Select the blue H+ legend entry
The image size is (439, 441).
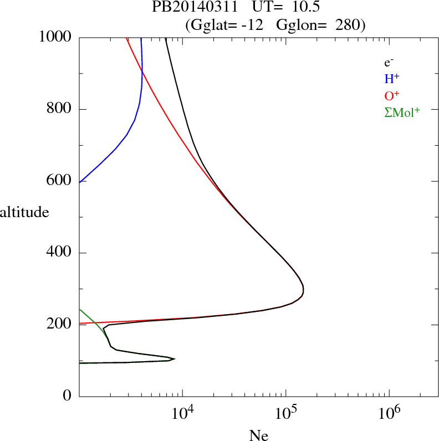pyautogui.click(x=392, y=79)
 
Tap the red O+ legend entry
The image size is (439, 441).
pyautogui.click(x=392, y=96)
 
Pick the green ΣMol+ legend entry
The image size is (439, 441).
pyautogui.click(x=402, y=112)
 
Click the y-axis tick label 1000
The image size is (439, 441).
pyautogui.click(x=55, y=37)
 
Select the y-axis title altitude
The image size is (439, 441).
pyautogui.click(x=24, y=212)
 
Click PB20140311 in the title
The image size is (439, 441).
pyautogui.click(x=187, y=7)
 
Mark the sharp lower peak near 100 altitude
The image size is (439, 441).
pyautogui.click(x=175, y=358)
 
